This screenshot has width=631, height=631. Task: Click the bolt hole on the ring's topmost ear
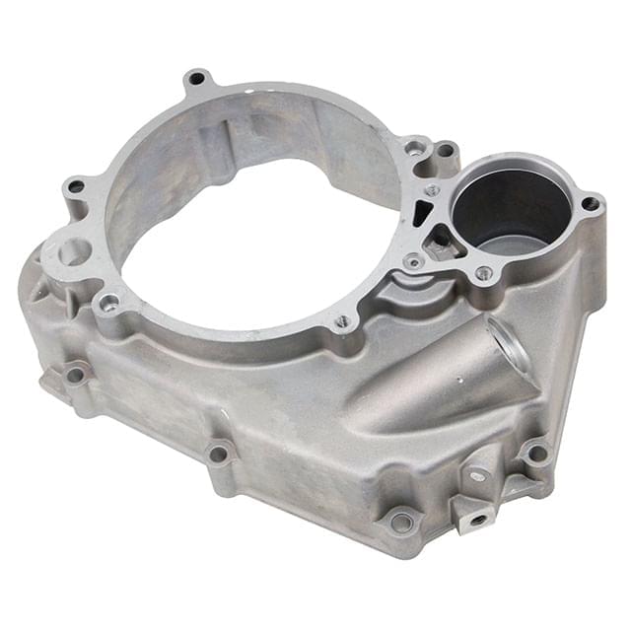tap(198, 78)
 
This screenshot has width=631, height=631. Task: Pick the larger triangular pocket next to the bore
tap(444, 243)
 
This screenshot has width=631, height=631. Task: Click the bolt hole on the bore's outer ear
tap(591, 204)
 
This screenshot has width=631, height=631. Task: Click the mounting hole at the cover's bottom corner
tap(401, 522)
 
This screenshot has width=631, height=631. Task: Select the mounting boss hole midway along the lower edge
tap(218, 454)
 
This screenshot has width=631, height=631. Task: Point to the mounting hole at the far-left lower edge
tap(75, 374)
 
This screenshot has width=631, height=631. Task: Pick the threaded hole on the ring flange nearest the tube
tap(342, 320)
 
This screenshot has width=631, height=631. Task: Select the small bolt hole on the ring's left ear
tap(75, 186)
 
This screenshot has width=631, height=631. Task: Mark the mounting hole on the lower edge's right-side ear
tap(536, 453)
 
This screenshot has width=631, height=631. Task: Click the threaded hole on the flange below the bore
tap(483, 273)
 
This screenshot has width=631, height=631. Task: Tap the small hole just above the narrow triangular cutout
tap(432, 189)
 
